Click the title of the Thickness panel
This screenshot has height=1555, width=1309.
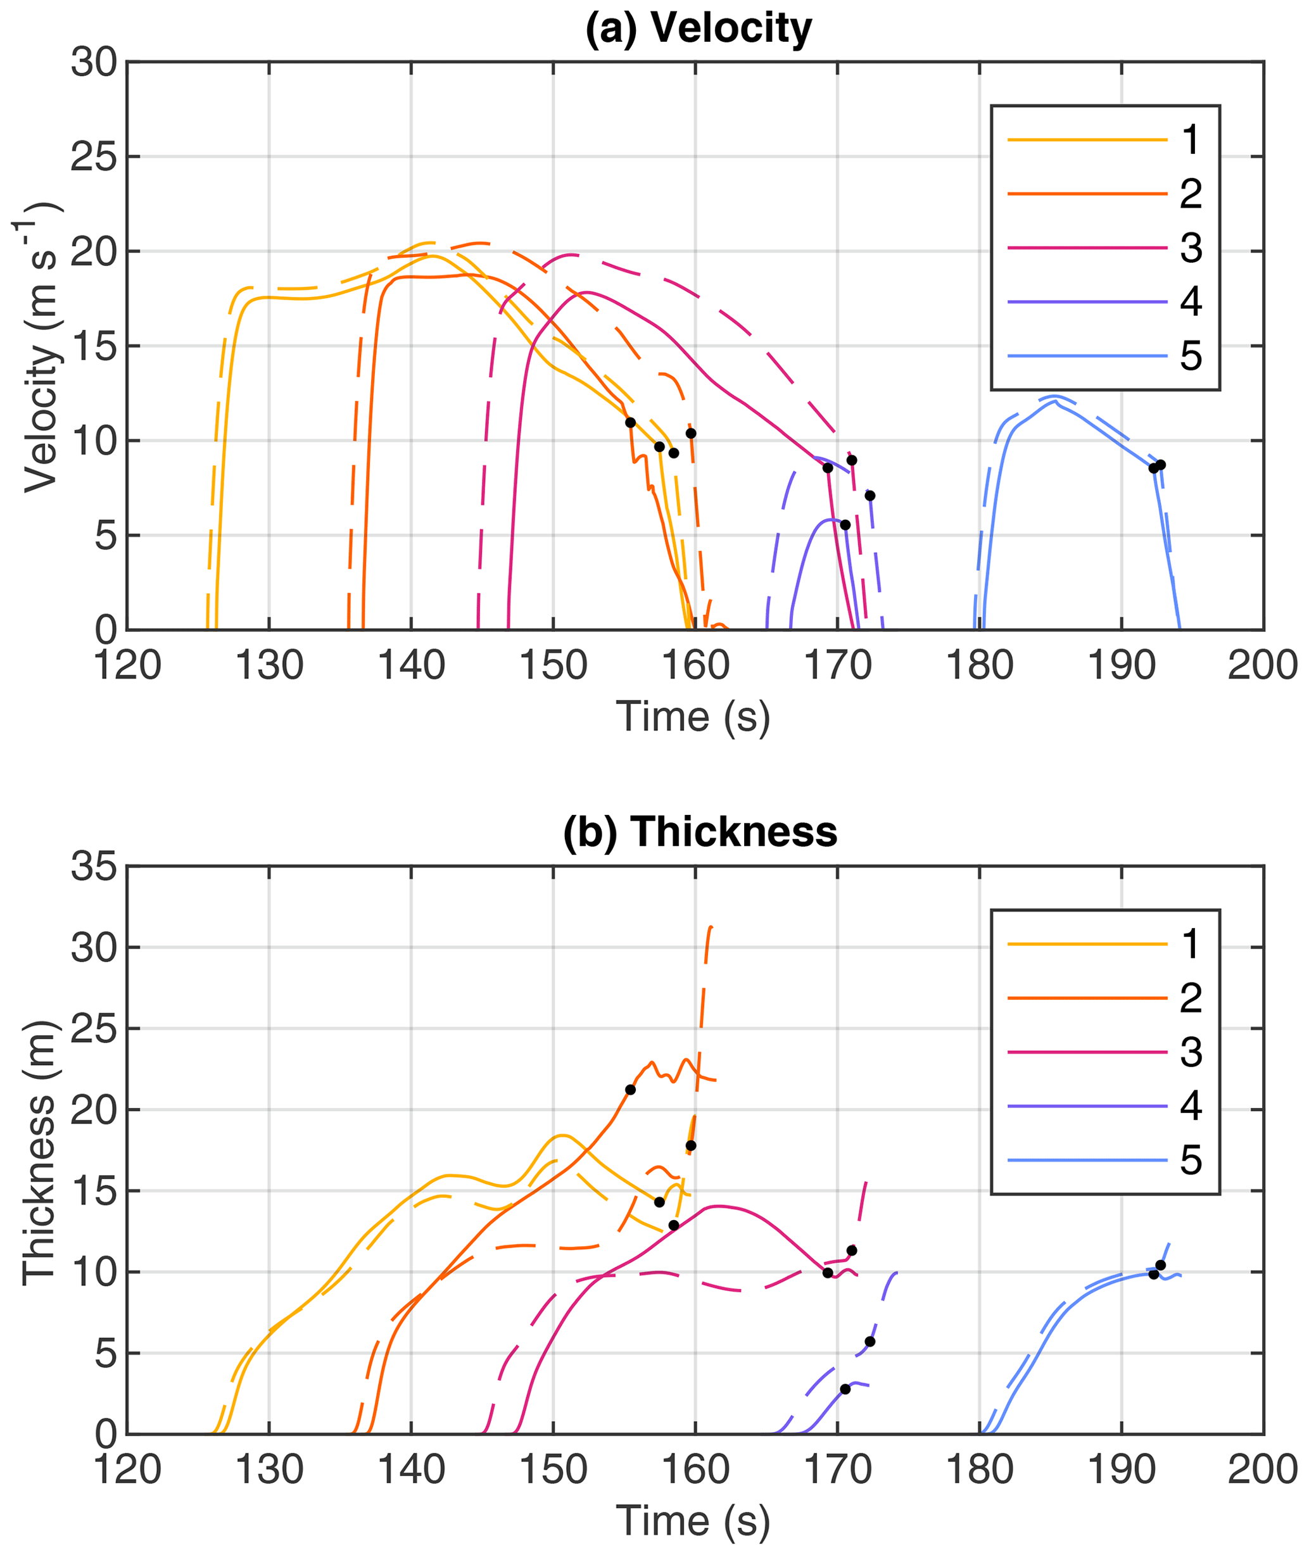tap(700, 832)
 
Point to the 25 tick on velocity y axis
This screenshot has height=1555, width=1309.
tap(94, 157)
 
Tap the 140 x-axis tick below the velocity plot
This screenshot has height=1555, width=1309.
tap(411, 665)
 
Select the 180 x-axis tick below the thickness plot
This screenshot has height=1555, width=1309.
tap(980, 1470)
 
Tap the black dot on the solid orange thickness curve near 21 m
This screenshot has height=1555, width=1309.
tap(630, 1090)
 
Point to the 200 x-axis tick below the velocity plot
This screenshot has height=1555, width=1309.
tap(1263, 665)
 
